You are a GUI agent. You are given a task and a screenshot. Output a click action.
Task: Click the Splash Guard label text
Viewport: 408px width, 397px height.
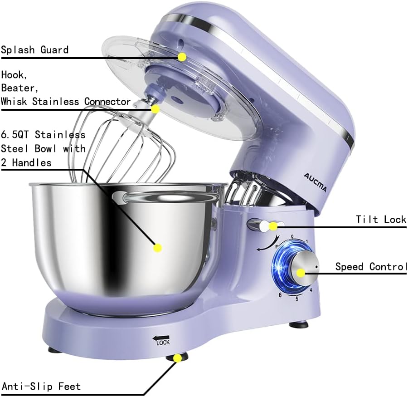click(x=34, y=49)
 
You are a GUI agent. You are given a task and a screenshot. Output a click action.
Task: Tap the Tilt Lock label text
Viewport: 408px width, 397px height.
click(x=381, y=220)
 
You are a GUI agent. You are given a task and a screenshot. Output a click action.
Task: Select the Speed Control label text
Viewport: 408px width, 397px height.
click(x=371, y=266)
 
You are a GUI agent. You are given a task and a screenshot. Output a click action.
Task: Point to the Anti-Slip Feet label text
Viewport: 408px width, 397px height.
click(x=41, y=387)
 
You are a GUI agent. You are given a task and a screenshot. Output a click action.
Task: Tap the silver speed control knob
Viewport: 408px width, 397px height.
click(x=301, y=270)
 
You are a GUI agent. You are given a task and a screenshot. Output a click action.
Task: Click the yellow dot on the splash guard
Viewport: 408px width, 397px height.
click(x=182, y=57)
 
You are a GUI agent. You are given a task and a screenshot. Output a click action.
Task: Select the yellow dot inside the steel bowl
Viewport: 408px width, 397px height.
click(x=158, y=248)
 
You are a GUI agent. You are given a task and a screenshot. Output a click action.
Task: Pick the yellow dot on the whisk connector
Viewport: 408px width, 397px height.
click(x=155, y=109)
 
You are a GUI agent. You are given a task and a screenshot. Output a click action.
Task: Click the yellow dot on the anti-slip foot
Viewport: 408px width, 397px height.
click(x=177, y=358)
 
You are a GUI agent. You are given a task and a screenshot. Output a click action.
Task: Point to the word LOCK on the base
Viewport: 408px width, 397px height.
click(x=163, y=343)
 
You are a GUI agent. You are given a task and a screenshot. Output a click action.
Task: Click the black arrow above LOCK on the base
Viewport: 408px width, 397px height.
click(x=160, y=337)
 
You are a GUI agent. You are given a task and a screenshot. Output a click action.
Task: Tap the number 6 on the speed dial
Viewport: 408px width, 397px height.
click(x=280, y=295)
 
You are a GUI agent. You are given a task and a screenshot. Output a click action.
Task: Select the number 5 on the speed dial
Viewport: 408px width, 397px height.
click(x=297, y=299)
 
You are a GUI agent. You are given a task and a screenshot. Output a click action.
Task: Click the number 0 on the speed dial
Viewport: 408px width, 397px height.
click(x=292, y=236)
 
